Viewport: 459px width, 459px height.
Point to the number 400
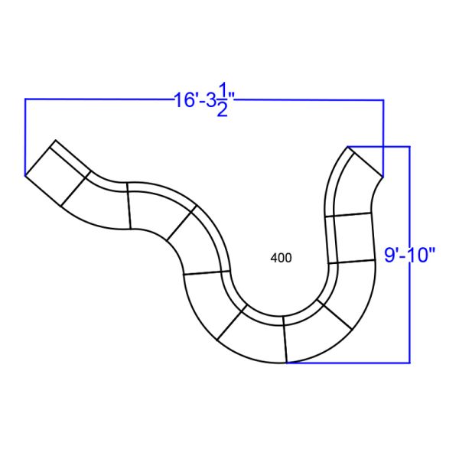tap(281, 259)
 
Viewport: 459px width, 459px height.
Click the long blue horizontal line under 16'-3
tap(99, 99)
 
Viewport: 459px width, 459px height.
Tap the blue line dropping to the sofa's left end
tap(25, 138)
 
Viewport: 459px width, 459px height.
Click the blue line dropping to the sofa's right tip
tap(382, 138)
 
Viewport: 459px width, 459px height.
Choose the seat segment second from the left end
tap(96, 201)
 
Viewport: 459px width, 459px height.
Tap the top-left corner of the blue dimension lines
tap(25, 99)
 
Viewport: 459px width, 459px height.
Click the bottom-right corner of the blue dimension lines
tap(411, 363)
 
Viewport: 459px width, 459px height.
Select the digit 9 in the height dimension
tap(389, 253)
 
